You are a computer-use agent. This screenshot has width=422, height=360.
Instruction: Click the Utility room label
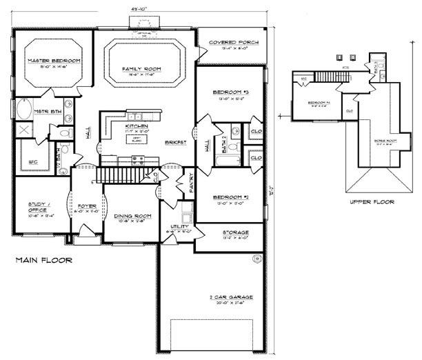180,226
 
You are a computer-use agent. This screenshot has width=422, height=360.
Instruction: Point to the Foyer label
86,204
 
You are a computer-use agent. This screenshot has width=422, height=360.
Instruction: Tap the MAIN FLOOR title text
43,261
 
